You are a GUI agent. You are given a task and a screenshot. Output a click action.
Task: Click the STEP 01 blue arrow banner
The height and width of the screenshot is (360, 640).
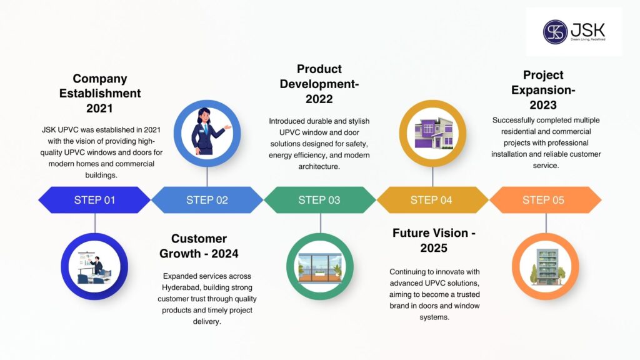(94, 200)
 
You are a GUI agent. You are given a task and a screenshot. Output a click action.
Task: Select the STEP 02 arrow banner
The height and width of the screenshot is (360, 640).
(207, 200)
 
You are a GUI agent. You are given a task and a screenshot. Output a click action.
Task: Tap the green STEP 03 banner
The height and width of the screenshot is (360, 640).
(319, 200)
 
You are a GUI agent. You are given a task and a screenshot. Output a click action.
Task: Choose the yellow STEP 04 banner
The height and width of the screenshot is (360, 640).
(432, 200)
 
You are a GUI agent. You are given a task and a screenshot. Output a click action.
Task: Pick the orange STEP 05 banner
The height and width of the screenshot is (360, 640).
(544, 200)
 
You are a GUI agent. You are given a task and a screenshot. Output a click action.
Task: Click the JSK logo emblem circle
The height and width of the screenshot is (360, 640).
(555, 32)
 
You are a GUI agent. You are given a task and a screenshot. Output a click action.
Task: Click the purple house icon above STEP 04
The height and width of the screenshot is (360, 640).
(432, 133)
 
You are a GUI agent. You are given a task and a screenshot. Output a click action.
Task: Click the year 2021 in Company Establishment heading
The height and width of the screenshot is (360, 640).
(100, 108)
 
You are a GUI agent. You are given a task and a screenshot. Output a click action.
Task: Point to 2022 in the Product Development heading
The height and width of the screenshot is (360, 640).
(319, 99)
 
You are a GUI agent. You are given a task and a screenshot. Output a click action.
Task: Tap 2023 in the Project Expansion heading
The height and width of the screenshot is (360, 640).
(543, 105)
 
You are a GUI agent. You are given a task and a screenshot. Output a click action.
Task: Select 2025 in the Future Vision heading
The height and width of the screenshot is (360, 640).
(434, 248)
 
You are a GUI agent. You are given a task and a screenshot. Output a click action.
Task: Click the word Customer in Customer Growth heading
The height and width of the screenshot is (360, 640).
(199, 239)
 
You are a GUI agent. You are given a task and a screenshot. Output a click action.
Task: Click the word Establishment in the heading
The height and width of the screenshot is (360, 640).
(100, 94)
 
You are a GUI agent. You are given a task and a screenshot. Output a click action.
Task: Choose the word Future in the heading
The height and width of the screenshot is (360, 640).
(412, 233)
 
